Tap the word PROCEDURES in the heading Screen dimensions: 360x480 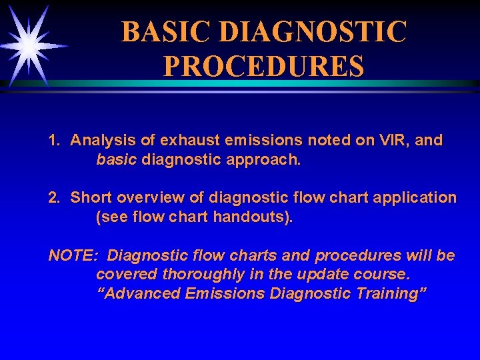[x=264, y=67]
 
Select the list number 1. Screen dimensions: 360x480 [x=54, y=141]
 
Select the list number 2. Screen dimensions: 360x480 [x=54, y=198]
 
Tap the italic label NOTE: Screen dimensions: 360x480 [x=74, y=255]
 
